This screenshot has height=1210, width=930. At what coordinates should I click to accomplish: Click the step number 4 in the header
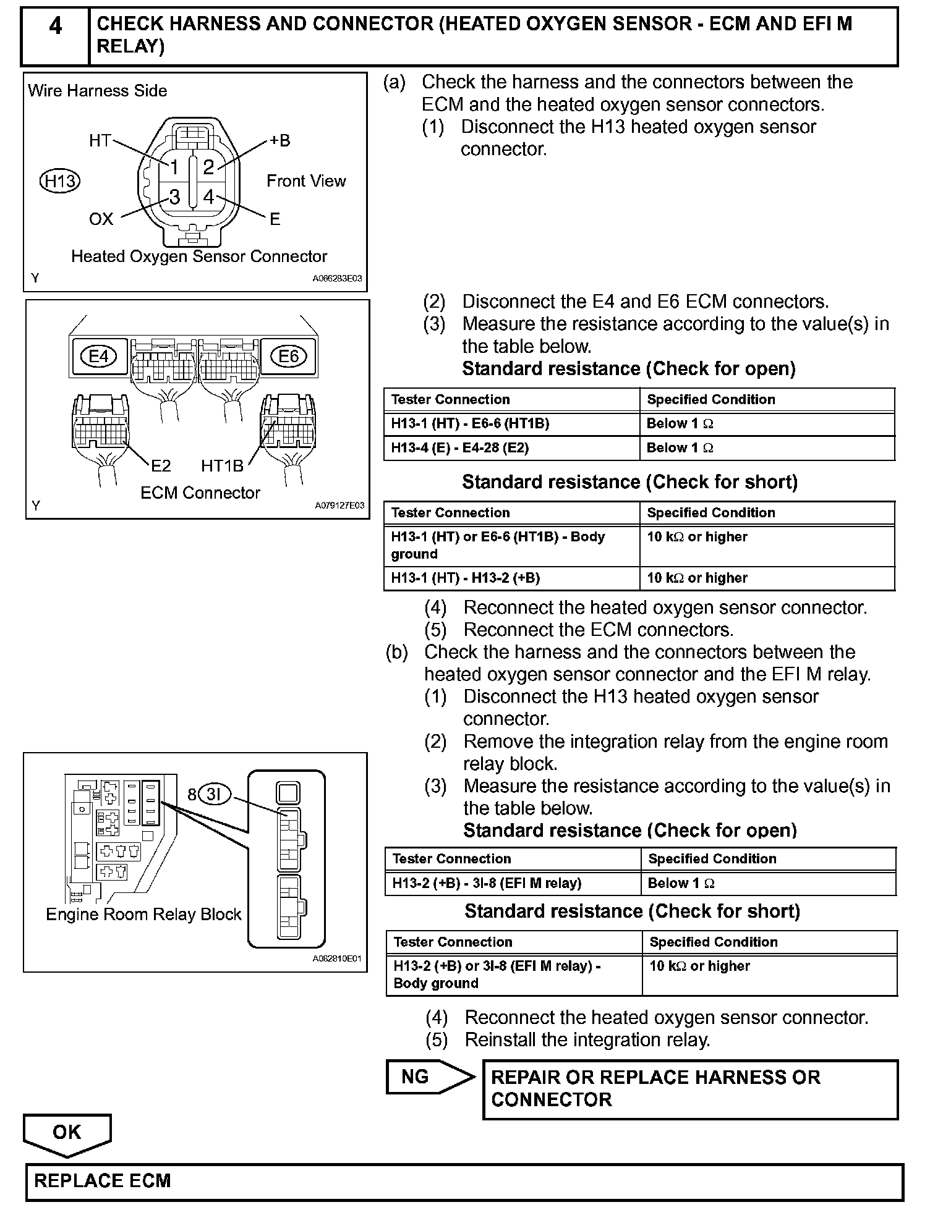pyautogui.click(x=55, y=27)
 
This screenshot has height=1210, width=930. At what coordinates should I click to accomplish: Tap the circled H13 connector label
pyautogui.click(x=59, y=181)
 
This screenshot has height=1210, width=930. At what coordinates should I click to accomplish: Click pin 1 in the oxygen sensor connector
pyautogui.click(x=174, y=167)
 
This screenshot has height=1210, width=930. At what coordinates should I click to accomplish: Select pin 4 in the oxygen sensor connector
pyautogui.click(x=208, y=197)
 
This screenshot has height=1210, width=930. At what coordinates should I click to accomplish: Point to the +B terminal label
pyautogui.click(x=279, y=141)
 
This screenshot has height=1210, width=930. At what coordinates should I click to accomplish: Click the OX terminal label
pyautogui.click(x=101, y=219)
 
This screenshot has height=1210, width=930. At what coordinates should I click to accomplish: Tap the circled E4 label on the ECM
pyautogui.click(x=99, y=357)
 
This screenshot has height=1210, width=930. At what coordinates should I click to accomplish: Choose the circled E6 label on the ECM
pyautogui.click(x=289, y=357)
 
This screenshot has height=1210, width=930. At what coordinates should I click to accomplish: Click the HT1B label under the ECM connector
pyautogui.click(x=223, y=466)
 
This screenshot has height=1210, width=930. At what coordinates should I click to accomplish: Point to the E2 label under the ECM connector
pyautogui.click(x=161, y=465)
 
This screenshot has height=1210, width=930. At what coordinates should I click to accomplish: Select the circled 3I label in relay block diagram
pyautogui.click(x=213, y=794)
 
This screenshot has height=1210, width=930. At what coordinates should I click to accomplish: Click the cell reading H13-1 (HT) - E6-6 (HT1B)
pyautogui.click(x=470, y=424)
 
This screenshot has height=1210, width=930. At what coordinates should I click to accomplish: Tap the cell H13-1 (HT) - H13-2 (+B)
pyautogui.click(x=465, y=578)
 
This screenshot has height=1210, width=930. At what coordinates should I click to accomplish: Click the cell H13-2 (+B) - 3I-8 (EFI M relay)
pyautogui.click(x=487, y=884)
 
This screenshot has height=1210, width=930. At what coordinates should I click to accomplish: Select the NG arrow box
pyautogui.click(x=427, y=1077)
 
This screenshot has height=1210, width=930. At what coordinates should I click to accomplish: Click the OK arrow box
pyautogui.click(x=67, y=1132)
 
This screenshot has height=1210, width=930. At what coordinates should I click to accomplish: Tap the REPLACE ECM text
pyautogui.click(x=102, y=1181)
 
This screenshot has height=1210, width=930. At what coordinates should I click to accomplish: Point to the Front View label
pyautogui.click(x=306, y=181)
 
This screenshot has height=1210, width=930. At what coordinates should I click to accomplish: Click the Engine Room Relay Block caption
pyautogui.click(x=143, y=915)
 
